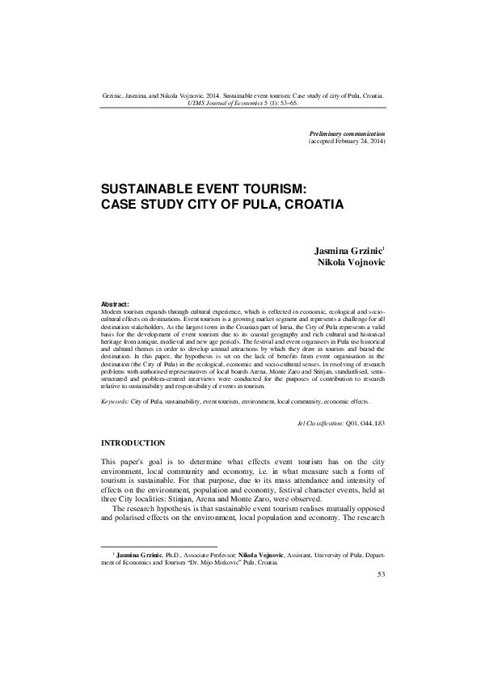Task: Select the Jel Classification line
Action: [335, 423]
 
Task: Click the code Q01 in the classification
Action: [350, 423]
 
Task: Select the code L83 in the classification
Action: [379, 423]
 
